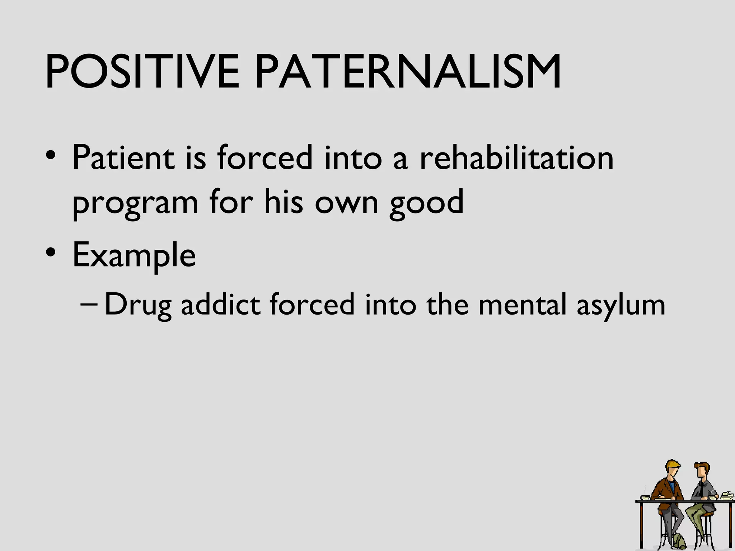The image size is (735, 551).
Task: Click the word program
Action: coord(135,203)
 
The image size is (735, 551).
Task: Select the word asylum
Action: coord(621,305)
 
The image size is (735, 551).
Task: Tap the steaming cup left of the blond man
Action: coord(645,496)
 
